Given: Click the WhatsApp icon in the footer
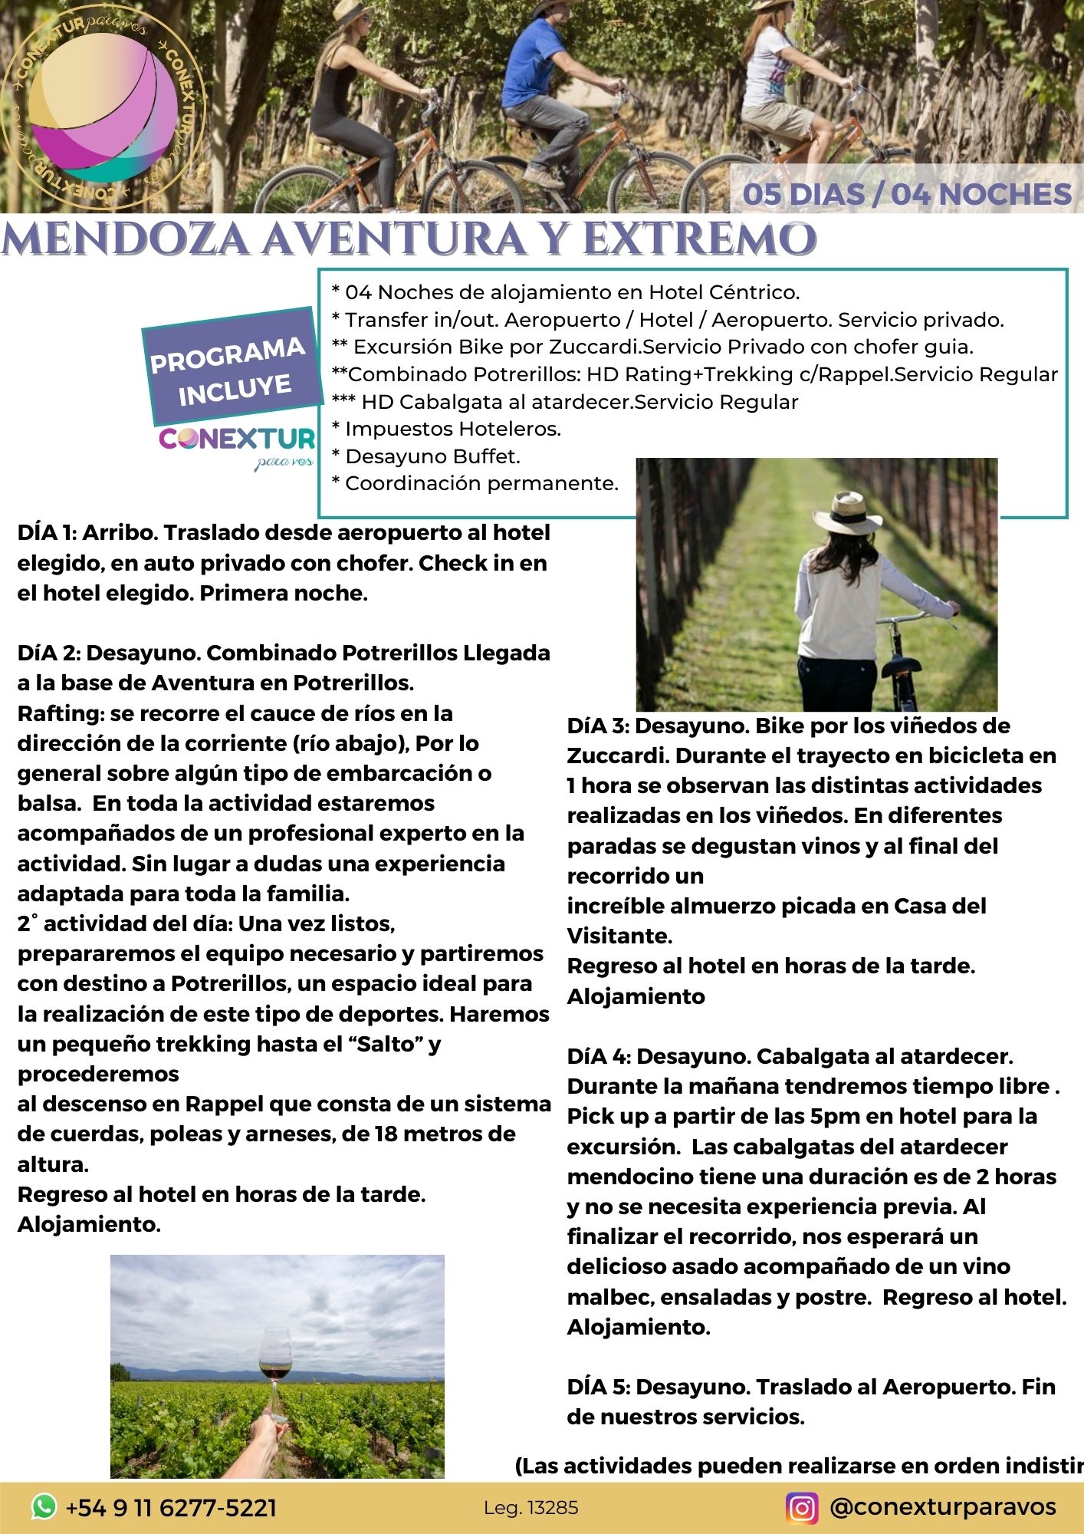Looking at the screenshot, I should pos(44,1507).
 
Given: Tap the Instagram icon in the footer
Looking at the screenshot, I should pos(802,1507).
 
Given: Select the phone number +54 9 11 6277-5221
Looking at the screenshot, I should pos(171,1508).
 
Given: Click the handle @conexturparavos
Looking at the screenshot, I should pos(943,1506).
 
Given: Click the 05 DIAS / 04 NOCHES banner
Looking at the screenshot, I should pos(907,193).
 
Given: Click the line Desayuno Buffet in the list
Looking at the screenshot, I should pos(426,456).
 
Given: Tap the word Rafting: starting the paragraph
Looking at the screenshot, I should pos(61,713).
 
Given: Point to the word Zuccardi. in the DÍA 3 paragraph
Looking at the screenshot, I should pos(617,755).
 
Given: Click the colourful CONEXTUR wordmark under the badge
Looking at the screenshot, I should pos(237,439).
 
